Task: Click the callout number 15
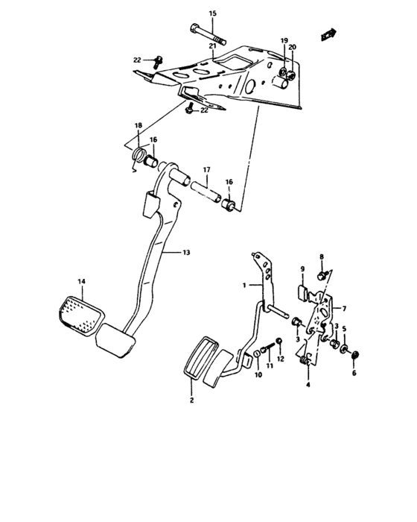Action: (211, 14)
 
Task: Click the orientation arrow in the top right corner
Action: (325, 34)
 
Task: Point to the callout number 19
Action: (284, 40)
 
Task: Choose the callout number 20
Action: (293, 47)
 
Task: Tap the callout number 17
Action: (206, 170)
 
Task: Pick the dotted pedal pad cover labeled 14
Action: (80, 311)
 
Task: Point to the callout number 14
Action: (81, 280)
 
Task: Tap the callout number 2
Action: (191, 401)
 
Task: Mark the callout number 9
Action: (303, 268)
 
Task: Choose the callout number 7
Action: (345, 307)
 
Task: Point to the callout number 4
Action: (308, 386)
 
